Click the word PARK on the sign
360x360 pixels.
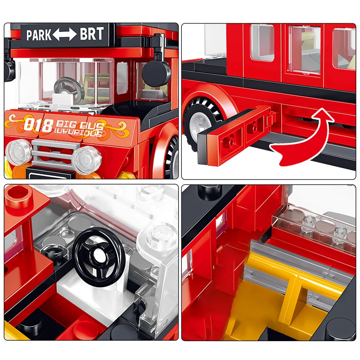39,35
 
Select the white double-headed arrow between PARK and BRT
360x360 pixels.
65,35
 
